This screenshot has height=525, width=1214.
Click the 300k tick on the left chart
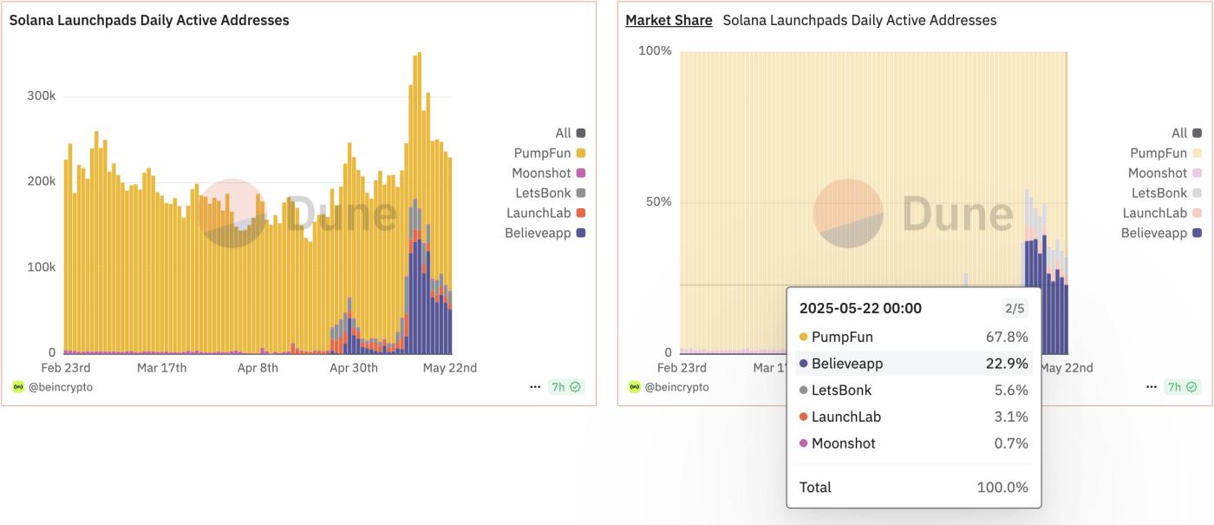[x=42, y=95]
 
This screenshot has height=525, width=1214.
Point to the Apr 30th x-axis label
[x=354, y=368]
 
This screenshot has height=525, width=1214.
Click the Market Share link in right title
[x=669, y=20]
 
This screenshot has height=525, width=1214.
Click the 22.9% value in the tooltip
[x=1007, y=364]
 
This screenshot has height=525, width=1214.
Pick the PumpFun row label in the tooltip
[x=842, y=337]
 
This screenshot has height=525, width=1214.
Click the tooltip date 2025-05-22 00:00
[x=860, y=308]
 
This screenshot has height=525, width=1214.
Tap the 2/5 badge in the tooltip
[x=1014, y=308]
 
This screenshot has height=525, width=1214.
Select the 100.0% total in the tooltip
[x=1002, y=487]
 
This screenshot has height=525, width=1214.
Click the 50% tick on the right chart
[x=656, y=202]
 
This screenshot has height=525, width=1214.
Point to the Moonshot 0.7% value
[x=1011, y=443]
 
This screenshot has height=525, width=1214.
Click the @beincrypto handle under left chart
[x=60, y=387]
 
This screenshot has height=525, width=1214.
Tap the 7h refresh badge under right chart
[x=1182, y=387]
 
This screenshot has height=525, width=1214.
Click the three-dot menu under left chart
[x=535, y=387]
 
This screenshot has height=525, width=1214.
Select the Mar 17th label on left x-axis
[x=162, y=368]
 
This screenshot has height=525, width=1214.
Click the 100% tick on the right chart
[x=655, y=50]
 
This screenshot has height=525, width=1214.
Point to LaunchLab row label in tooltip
[x=846, y=417]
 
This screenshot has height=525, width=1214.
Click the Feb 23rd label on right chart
[x=682, y=368]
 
